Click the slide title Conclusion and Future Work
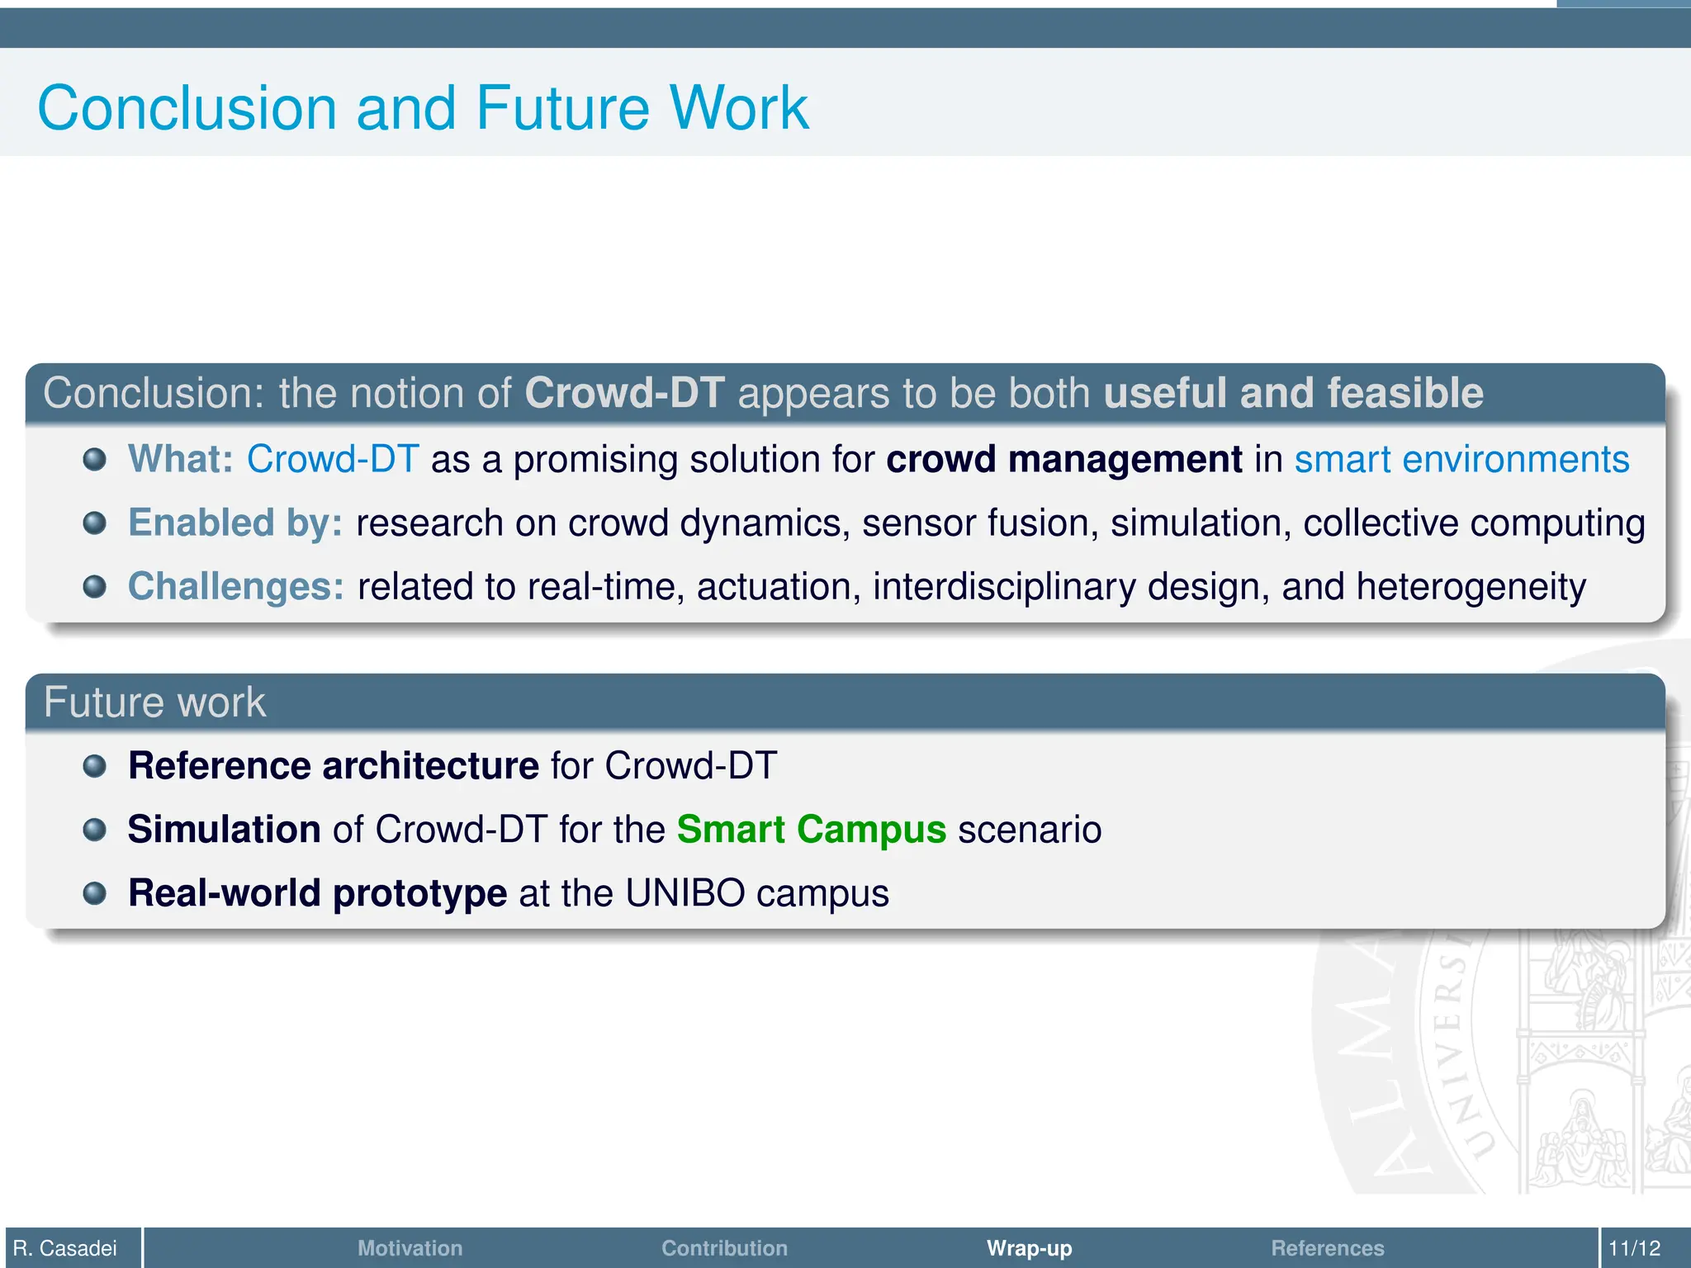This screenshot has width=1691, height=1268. [x=423, y=108]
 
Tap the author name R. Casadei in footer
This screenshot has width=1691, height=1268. [x=65, y=1247]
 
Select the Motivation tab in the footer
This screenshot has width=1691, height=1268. [x=410, y=1247]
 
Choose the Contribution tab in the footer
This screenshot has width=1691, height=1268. [x=724, y=1247]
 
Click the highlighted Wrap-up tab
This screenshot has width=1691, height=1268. [x=1029, y=1247]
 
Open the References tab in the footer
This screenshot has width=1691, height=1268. [x=1327, y=1247]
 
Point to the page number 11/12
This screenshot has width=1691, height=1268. [x=1634, y=1247]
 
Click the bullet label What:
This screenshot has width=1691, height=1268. [x=181, y=459]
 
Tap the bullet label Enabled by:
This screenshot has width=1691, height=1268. [x=235, y=523]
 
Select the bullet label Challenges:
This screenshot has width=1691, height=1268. [x=236, y=587]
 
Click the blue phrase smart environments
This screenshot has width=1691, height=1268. [x=1461, y=459]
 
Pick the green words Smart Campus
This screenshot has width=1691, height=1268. [x=811, y=830]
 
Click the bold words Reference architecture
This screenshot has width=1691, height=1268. [x=334, y=766]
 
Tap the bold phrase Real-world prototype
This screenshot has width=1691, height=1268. [x=317, y=893]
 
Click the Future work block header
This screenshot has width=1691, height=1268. [x=154, y=703]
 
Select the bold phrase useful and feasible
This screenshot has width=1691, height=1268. [x=1293, y=393]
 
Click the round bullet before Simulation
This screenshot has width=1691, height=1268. [x=95, y=830]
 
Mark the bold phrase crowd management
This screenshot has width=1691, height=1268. [x=1063, y=459]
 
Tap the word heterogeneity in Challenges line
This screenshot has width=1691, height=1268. [x=1471, y=587]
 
